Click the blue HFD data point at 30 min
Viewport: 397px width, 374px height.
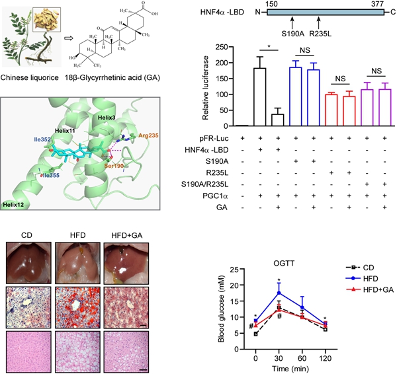pyautogui.click(x=279, y=293)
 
